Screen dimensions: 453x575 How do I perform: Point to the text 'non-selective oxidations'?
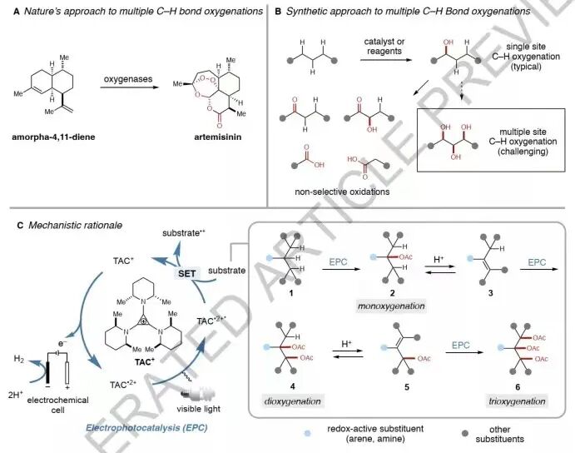(342, 191)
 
